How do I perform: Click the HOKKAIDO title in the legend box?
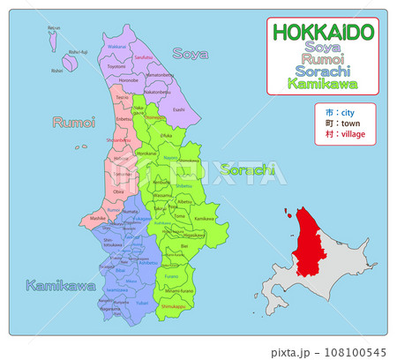[x=323, y=32]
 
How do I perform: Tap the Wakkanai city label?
[x=116, y=46]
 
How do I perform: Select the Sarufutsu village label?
[x=143, y=56]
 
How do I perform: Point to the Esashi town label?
[x=179, y=109]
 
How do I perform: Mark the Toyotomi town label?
[x=116, y=66]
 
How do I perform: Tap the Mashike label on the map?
[x=98, y=216]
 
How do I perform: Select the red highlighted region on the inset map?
[x=308, y=238]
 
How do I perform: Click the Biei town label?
[x=183, y=248]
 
